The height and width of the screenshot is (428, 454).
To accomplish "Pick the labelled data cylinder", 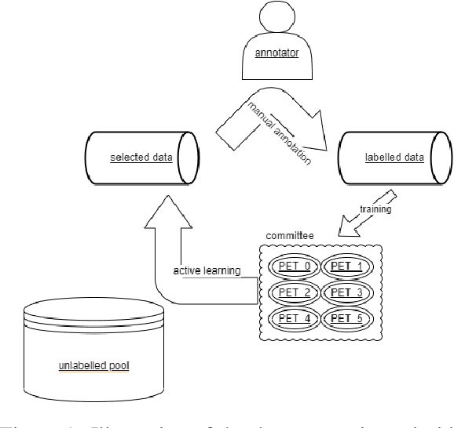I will click(394, 156).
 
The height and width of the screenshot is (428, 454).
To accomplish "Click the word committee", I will click(287, 234).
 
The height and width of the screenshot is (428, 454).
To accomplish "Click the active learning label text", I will click(207, 271).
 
